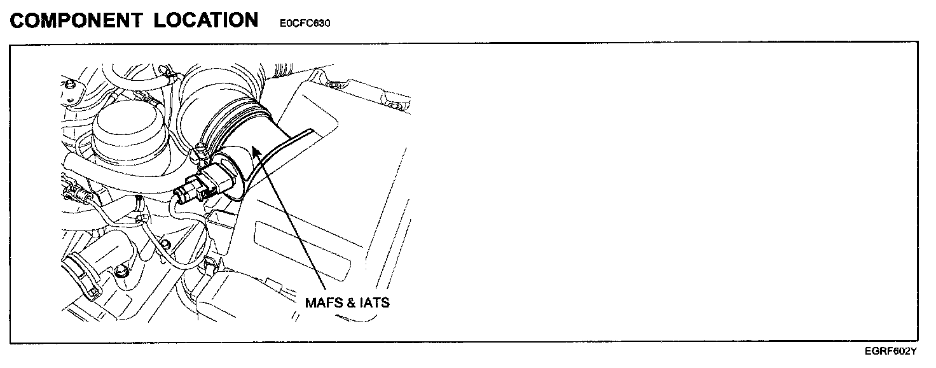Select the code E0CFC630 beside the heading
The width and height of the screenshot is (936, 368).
[305, 24]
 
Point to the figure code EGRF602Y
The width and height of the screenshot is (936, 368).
[890, 351]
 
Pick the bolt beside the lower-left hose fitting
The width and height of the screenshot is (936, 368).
[120, 272]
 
